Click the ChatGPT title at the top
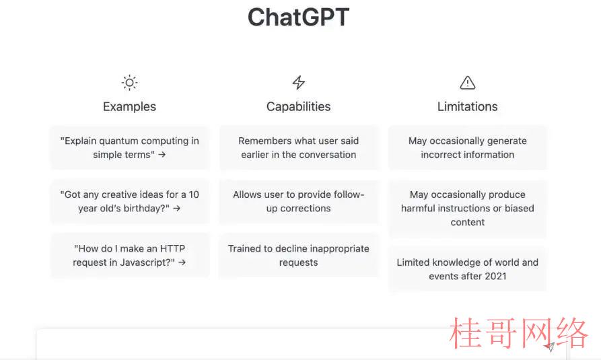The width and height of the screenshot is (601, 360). point(299,17)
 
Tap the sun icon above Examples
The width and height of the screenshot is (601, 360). point(129,82)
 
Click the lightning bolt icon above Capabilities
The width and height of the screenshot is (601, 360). point(299,82)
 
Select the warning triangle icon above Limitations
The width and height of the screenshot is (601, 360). point(468,82)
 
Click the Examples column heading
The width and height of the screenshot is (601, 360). point(129,106)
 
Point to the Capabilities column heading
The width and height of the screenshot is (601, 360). point(299,106)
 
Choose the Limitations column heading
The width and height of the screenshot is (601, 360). point(468,106)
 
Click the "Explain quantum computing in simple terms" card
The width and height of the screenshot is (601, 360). point(129,147)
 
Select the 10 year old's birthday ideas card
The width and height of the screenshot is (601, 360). point(129,201)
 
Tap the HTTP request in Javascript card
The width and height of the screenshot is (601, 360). point(129,255)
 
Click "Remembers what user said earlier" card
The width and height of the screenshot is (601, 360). point(299,147)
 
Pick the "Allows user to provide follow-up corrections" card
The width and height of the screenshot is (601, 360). point(299,201)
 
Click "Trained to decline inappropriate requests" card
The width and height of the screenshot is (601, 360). point(299,255)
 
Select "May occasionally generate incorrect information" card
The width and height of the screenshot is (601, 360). point(468,147)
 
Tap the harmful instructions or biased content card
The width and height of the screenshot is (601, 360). point(468,208)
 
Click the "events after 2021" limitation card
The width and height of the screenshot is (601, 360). point(468,269)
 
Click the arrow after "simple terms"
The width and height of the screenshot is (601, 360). point(162,155)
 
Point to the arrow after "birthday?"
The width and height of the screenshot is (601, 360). point(177,208)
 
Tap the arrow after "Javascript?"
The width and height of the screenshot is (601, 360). point(182,262)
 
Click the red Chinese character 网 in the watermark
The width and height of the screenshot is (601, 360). point(536,334)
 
